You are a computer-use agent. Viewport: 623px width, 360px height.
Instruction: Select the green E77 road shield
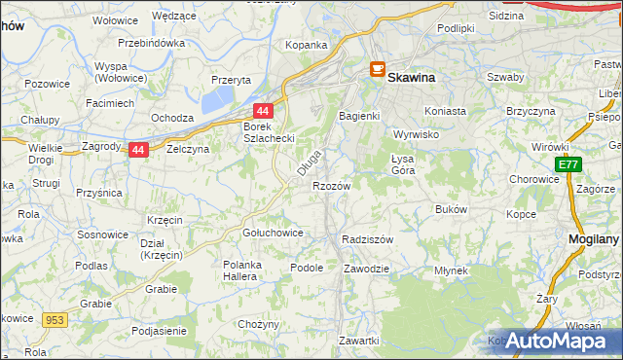pos(568,166)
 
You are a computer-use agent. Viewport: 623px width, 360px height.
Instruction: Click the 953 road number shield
pos(54,318)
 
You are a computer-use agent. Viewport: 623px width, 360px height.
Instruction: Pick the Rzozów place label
pos(331,185)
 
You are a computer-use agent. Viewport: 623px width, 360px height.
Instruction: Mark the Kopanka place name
pos(306,45)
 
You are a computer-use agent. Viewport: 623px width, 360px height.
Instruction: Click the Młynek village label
pos(452,270)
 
